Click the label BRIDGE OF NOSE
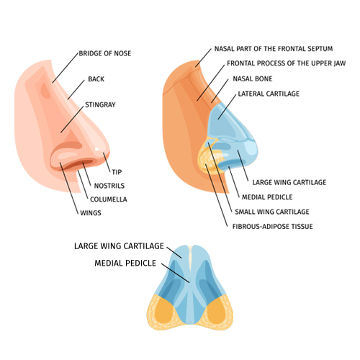pos(105,53)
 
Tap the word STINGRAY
pos(100,104)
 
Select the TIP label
pos(117,172)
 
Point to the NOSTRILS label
pos(109,186)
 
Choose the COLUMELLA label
pos(109,199)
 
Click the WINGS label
pos(91,213)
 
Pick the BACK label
pos(96,79)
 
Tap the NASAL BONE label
pos(253,78)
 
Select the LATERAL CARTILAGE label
pos(269,94)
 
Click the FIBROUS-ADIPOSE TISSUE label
pos(272,227)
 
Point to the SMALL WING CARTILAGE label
pos(272,212)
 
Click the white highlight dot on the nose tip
pos(96,149)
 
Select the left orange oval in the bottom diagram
pos(163,311)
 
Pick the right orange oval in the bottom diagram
pos(216,311)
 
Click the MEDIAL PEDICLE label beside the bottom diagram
pos(125,264)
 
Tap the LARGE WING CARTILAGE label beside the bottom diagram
pos(119,246)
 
